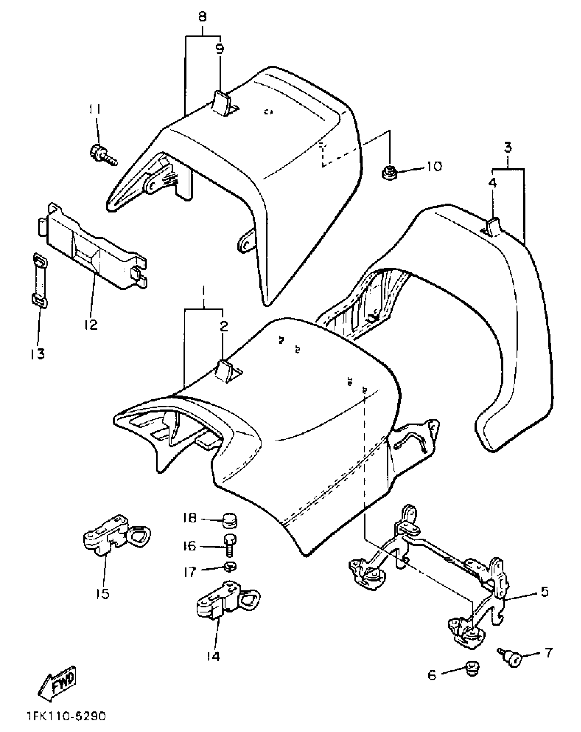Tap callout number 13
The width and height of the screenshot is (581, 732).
(x=37, y=354)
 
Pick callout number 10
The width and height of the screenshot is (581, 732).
(x=434, y=167)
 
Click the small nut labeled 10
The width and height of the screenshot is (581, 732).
(x=389, y=172)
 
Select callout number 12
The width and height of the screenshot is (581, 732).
(x=91, y=324)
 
